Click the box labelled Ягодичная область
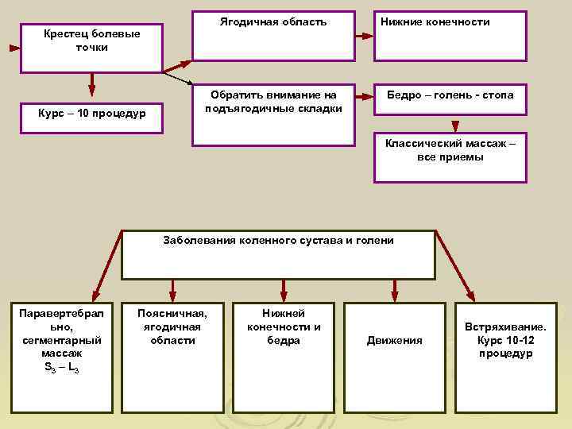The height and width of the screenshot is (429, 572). point(273,37)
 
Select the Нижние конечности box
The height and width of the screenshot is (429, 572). point(450,37)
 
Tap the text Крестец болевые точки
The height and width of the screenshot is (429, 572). point(92,41)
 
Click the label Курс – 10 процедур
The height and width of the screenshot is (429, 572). point(92,114)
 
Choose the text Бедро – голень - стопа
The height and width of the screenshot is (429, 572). point(450,95)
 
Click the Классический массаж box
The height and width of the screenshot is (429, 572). point(450,157)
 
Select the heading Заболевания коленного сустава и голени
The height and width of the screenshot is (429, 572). point(278,240)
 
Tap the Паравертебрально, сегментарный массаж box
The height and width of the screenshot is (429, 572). point(62,357)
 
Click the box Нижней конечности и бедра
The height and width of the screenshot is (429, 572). point(284,357)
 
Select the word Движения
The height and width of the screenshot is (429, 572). point(395,341)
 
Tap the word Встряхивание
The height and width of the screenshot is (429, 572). point(505,327)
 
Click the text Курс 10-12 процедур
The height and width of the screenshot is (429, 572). point(505,346)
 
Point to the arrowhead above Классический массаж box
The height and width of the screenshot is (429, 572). point(455,125)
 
